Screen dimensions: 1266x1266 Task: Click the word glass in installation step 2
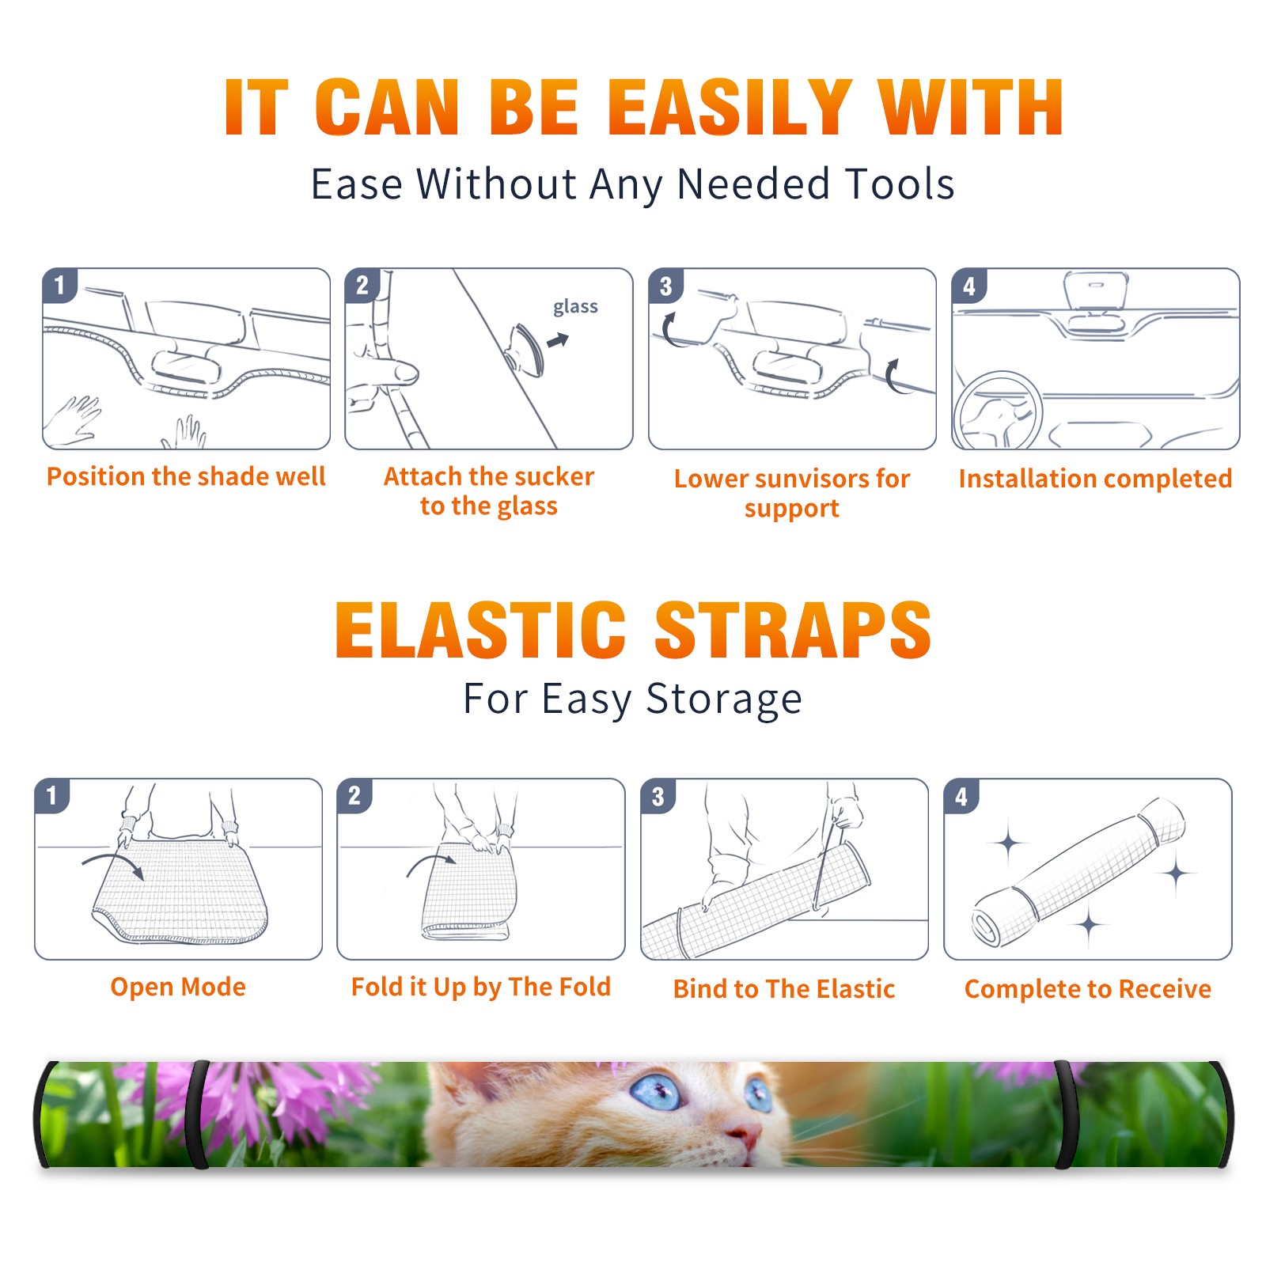(x=575, y=307)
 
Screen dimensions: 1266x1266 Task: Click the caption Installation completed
(x=1095, y=479)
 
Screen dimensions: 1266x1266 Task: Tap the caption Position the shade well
(x=186, y=476)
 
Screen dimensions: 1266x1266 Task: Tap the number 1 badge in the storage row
(x=52, y=795)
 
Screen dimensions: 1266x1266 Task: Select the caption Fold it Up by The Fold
(x=481, y=987)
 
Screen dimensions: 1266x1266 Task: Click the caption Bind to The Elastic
(x=784, y=989)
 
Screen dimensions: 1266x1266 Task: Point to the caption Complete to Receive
(x=1088, y=989)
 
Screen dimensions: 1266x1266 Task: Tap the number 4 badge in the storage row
(x=961, y=796)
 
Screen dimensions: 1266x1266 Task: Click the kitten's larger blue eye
(x=656, y=1094)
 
